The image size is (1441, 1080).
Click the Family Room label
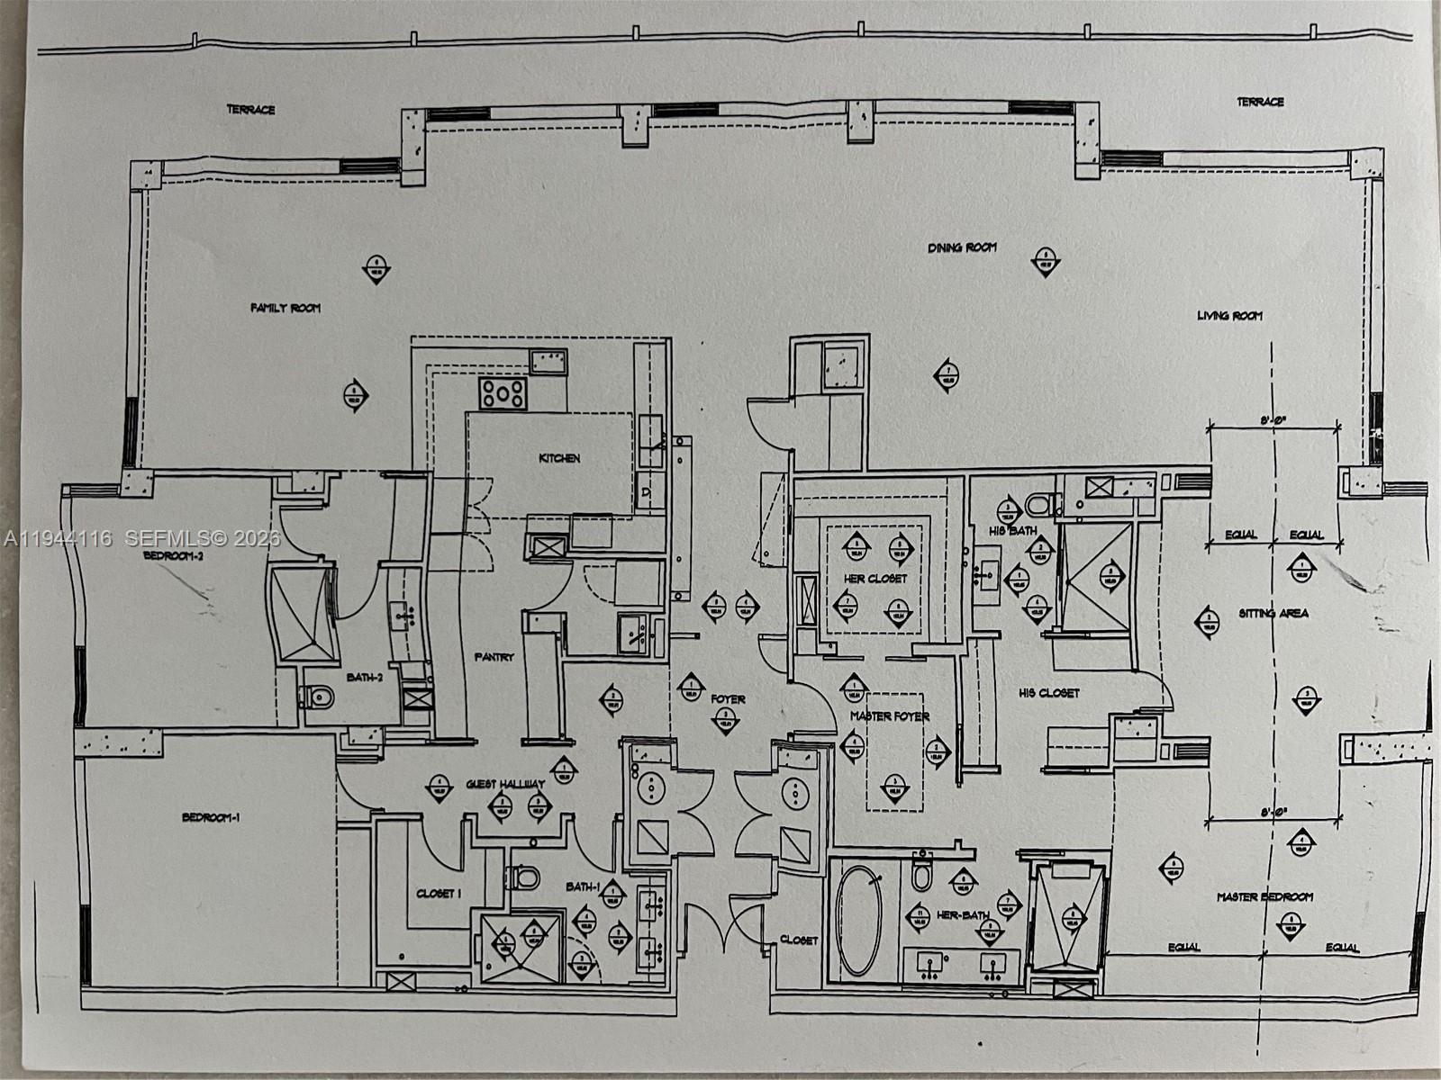pos(285,308)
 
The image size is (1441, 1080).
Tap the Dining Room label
pos(962,247)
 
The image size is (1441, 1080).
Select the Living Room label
pos(1229,316)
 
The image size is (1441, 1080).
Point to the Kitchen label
pos(559,459)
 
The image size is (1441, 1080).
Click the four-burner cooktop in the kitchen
pos(503,392)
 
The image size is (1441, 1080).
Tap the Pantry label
pos(494,657)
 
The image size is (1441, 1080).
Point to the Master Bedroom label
pos(1264,897)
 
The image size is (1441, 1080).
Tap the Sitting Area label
pos(1273,614)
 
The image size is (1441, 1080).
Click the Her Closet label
pos(875,579)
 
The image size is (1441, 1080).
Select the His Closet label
pos(1048,693)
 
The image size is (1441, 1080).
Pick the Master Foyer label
pos(890,716)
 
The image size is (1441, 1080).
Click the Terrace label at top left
pos(250,110)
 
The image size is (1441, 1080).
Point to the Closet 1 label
pos(439,894)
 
